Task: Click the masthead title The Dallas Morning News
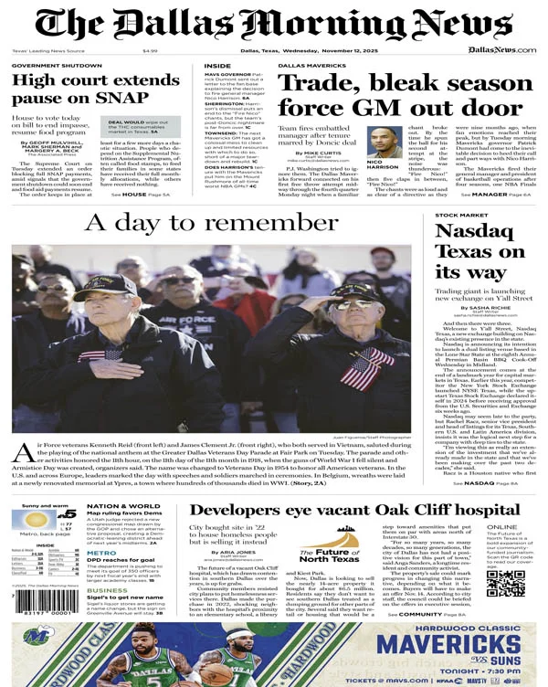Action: [274, 24]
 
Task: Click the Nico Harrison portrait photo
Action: [385, 143]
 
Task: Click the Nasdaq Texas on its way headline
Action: [479, 252]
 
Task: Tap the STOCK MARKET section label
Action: [459, 215]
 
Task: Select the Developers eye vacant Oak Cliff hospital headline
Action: [353, 511]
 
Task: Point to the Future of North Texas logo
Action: [333, 552]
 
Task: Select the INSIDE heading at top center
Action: [217, 66]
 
